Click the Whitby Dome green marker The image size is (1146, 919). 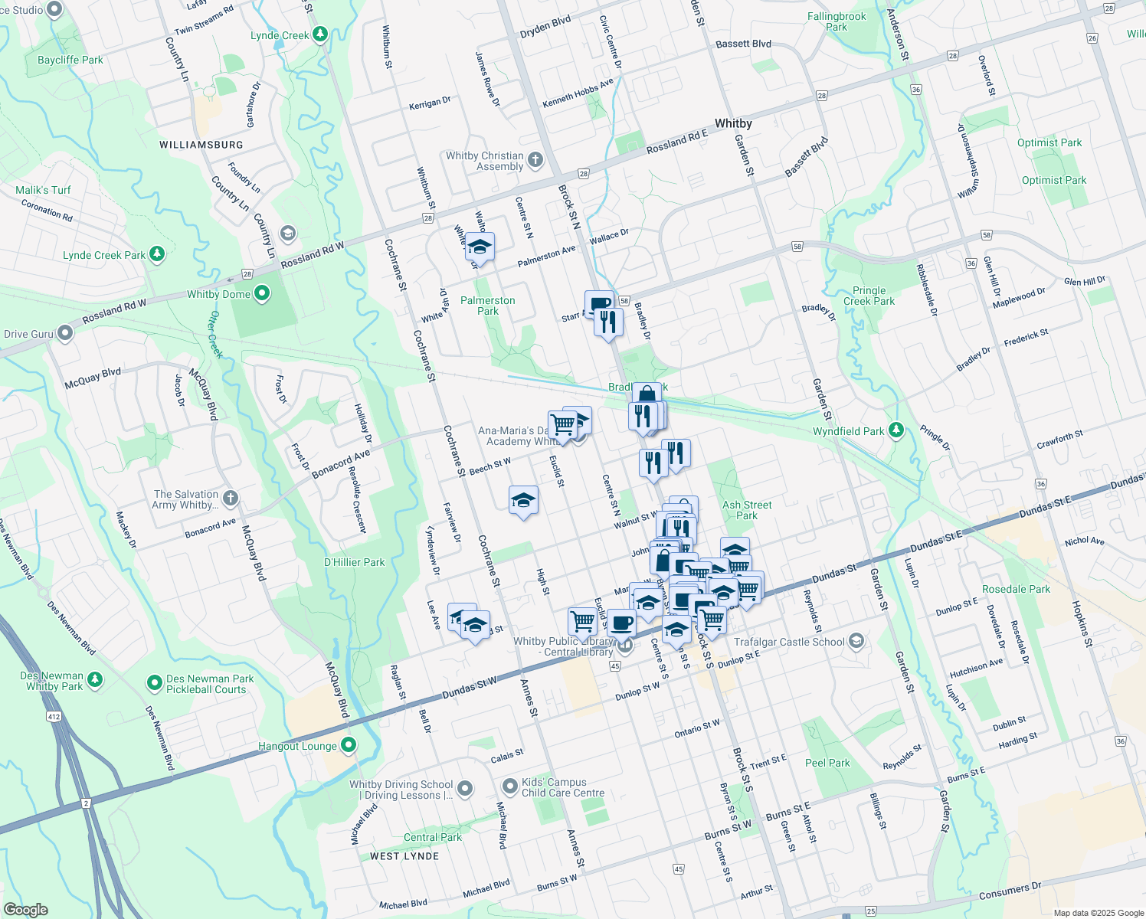coord(262,293)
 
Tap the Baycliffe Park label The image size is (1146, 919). coord(70,60)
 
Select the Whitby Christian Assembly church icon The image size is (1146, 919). coord(535,160)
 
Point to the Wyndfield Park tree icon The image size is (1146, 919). coord(897,430)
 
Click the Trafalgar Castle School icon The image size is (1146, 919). coord(856,641)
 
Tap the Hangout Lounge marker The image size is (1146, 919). coord(349,744)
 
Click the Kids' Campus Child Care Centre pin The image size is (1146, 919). coord(510,787)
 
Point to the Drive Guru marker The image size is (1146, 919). coord(65,333)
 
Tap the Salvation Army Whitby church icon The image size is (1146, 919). coord(230,499)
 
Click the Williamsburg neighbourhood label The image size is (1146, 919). coord(201,145)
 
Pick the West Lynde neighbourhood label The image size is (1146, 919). coord(404,856)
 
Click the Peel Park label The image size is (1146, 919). coord(827,763)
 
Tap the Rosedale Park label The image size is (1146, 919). coord(1017,589)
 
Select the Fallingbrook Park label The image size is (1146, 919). coord(837,21)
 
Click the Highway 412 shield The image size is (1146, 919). coord(53,717)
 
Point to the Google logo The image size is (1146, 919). coord(25,910)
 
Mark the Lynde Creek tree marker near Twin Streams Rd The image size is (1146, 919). coord(320,34)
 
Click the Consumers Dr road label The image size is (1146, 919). coord(1010,891)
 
